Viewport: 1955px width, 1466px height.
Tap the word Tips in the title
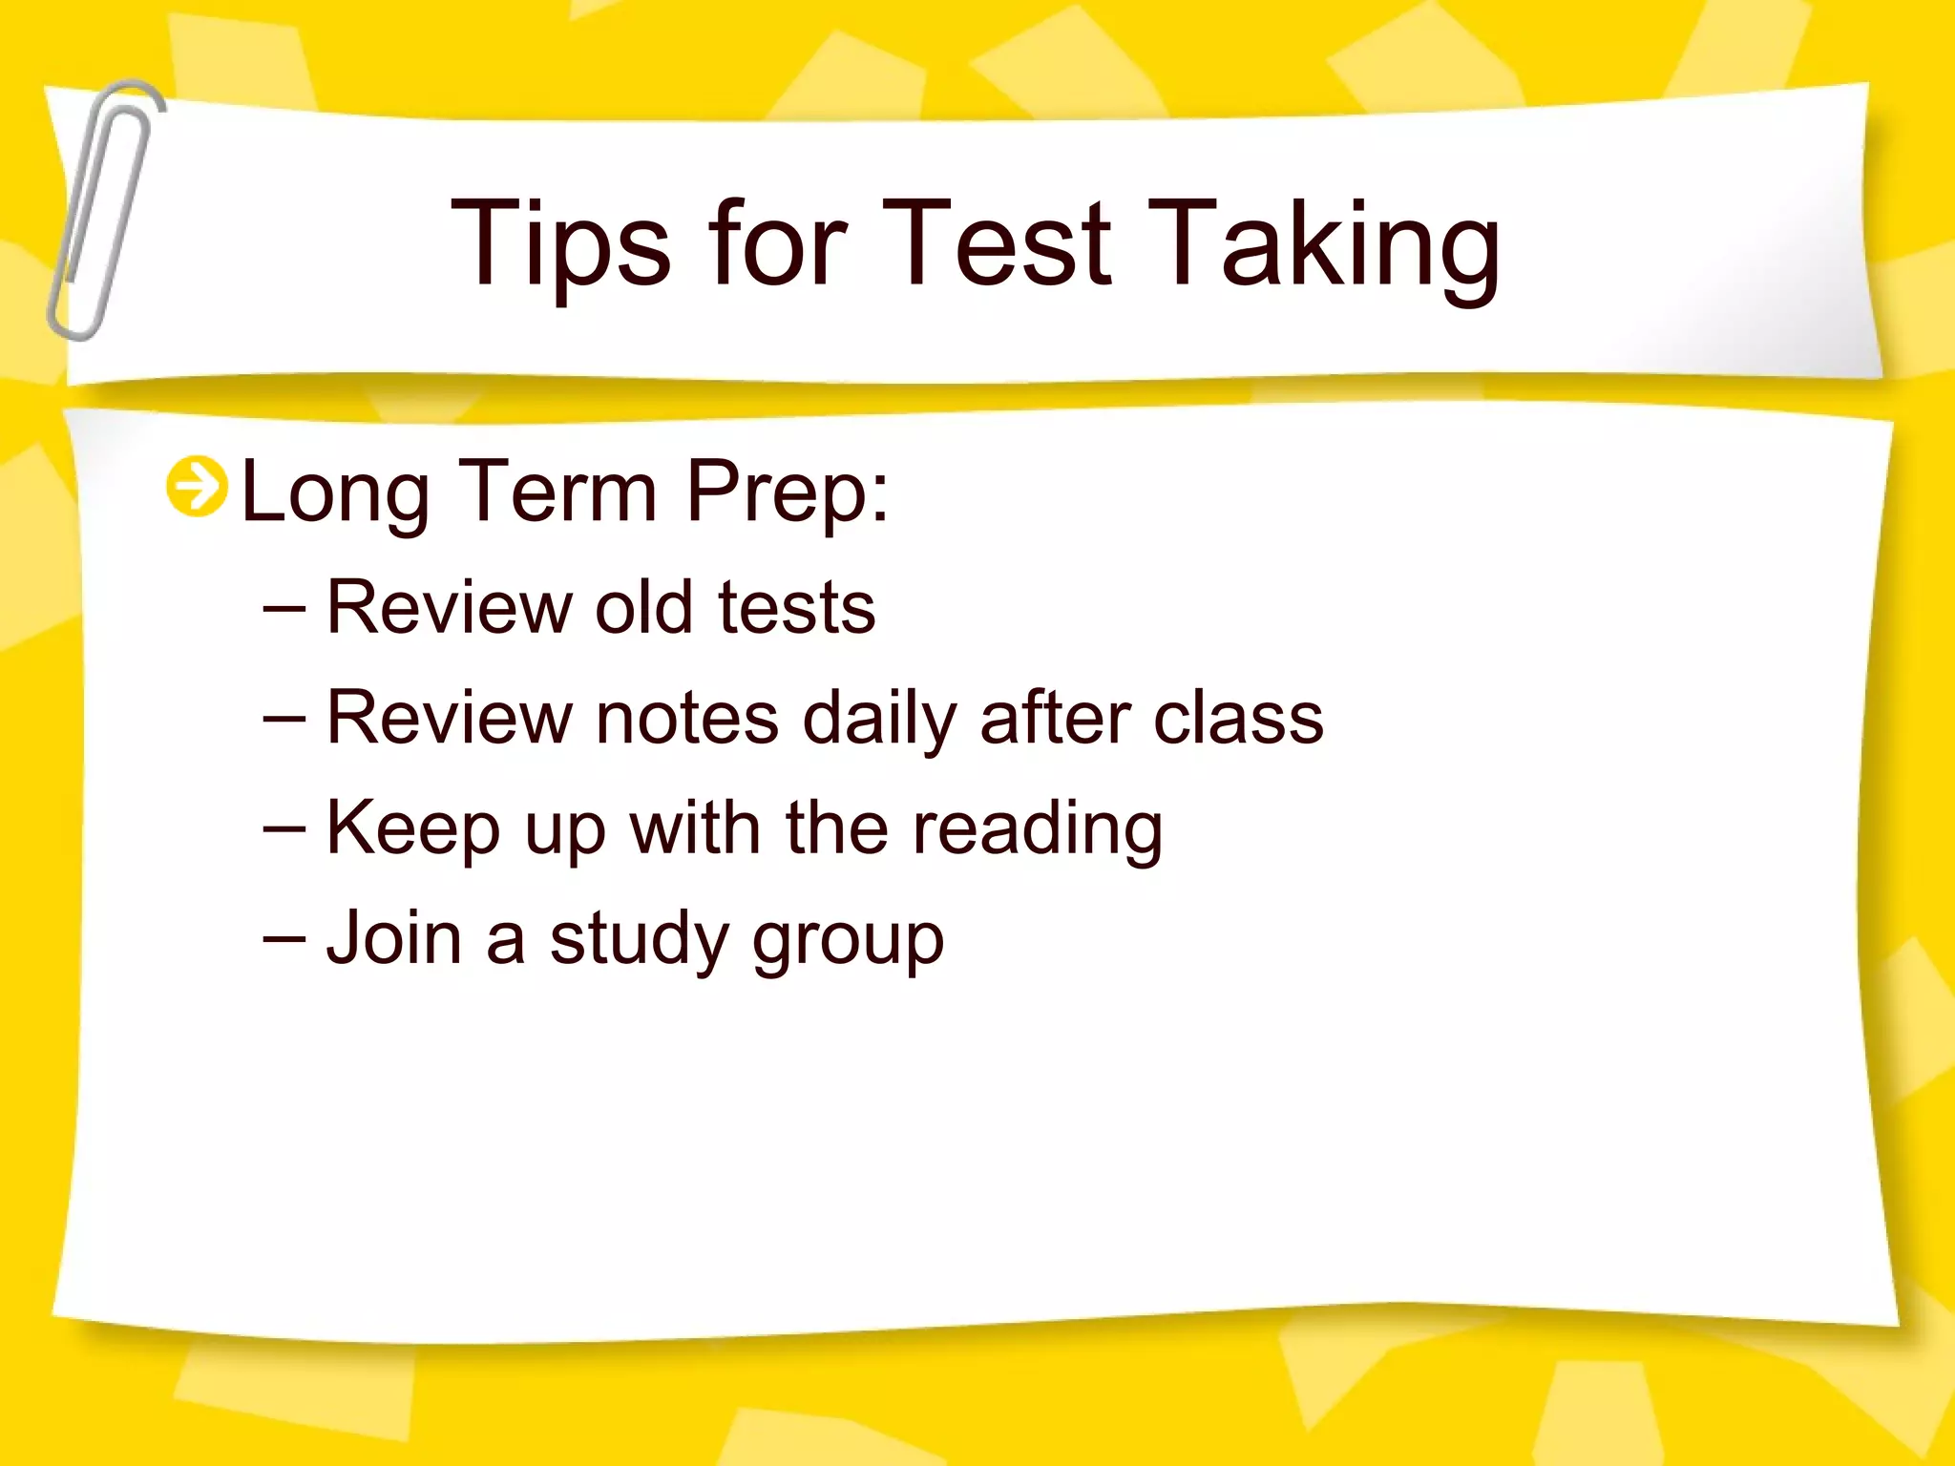tap(560, 243)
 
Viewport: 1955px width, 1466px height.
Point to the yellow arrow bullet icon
tap(197, 487)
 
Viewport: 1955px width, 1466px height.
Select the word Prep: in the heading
tap(788, 493)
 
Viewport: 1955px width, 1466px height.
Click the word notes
tap(686, 719)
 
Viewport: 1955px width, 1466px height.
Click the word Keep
tap(412, 828)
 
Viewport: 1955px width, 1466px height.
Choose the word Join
tap(394, 938)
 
